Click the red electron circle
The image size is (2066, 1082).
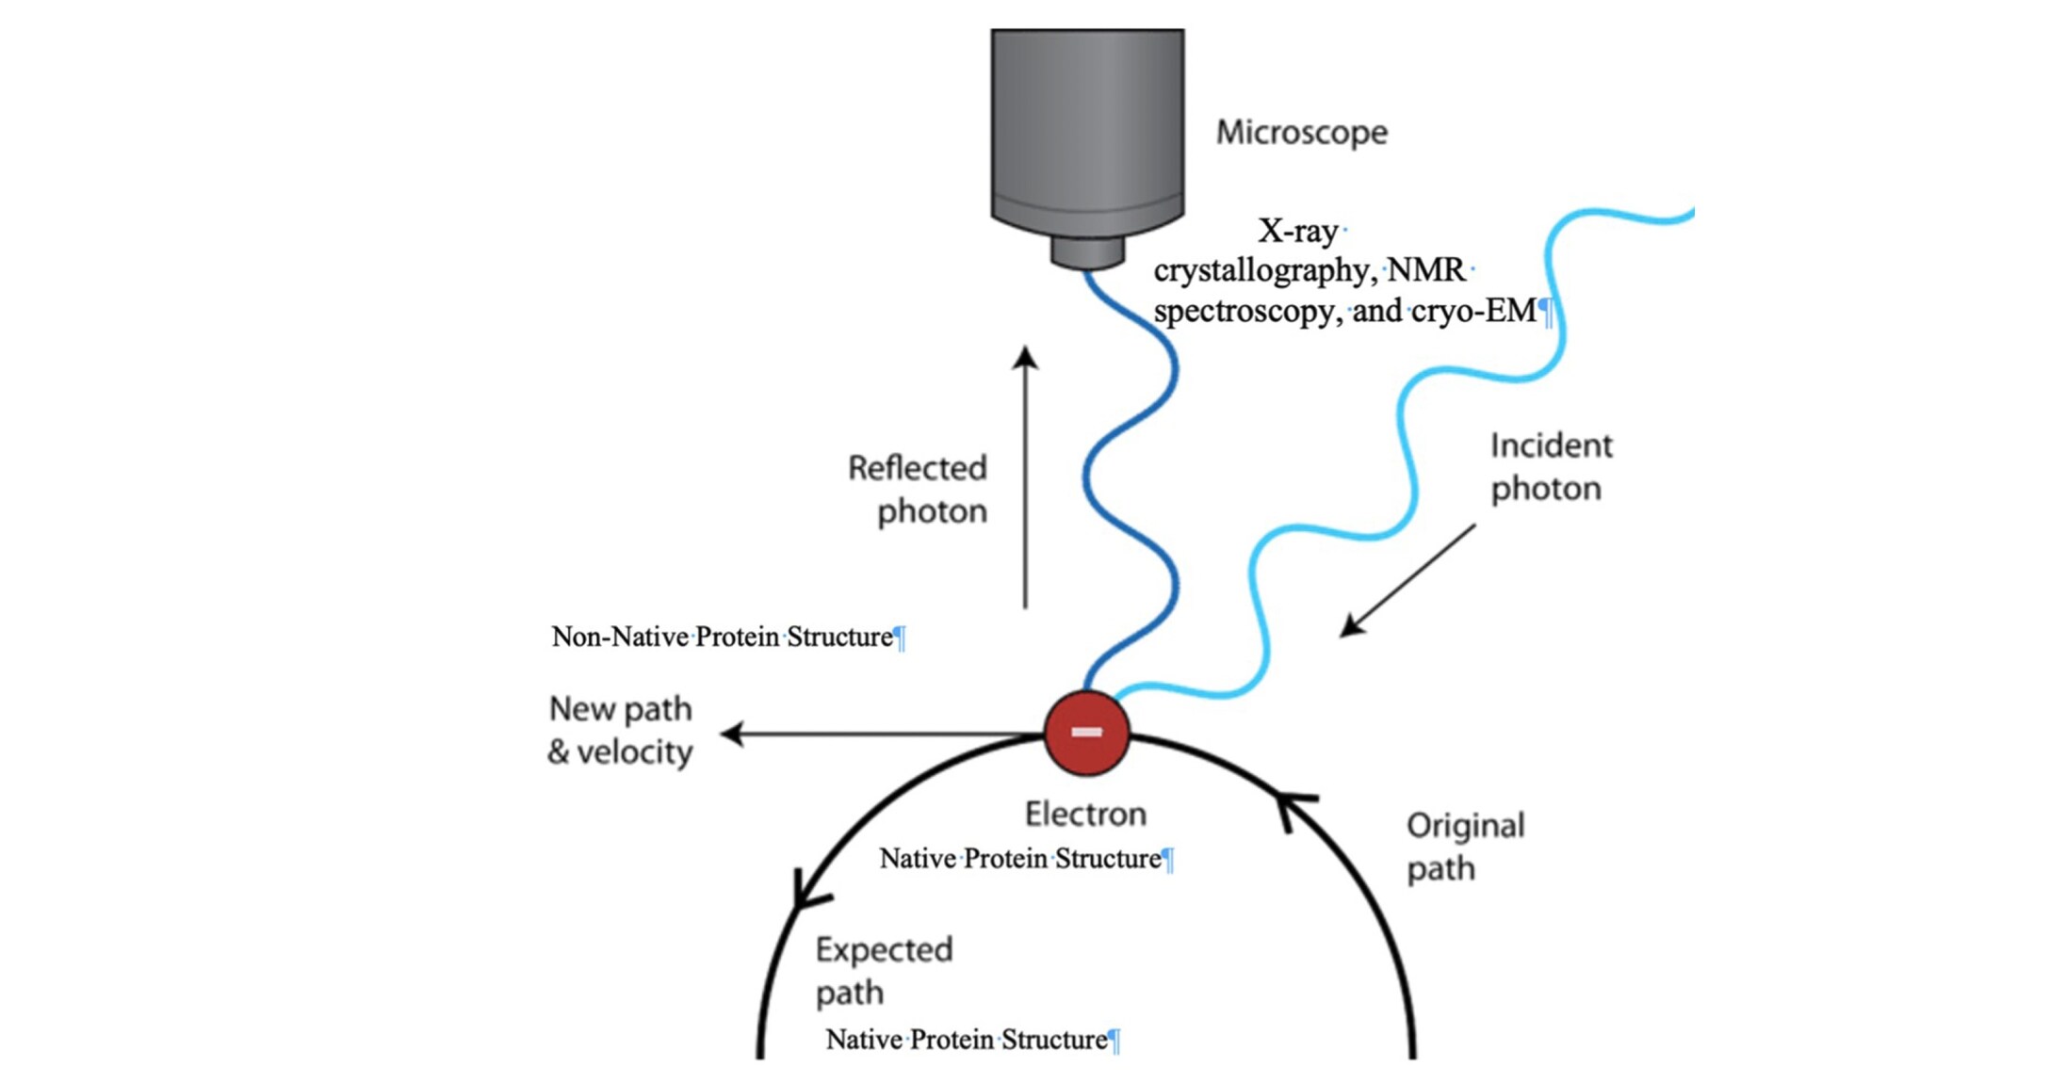coord(1086,733)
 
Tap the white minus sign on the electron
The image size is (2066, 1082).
coord(1086,732)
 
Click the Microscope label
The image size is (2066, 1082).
coord(1302,133)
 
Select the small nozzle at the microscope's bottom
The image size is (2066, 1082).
coord(1088,252)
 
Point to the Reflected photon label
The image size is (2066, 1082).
coord(918,490)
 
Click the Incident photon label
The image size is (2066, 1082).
coord(1551,467)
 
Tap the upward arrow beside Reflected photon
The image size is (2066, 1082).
coord(1026,477)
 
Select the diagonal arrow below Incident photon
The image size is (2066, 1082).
coord(1407,580)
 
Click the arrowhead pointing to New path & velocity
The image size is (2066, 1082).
coord(732,734)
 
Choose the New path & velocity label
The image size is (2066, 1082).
coord(620,731)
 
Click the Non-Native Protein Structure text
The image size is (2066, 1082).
coord(723,638)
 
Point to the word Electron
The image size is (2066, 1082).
coord(1085,814)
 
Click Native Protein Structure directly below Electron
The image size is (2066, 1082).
coord(1020,859)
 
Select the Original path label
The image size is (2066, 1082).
coord(1465,848)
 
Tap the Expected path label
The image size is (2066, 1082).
coord(884,971)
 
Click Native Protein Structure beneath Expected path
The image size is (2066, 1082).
coord(967,1040)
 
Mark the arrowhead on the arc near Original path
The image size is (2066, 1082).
coord(1293,811)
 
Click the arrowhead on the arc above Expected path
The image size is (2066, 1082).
coord(809,890)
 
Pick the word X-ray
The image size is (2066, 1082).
coord(1297,231)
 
